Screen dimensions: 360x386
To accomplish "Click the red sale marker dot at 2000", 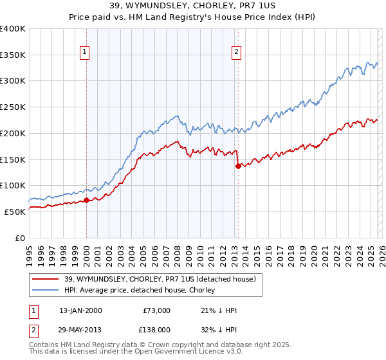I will tap(86, 200).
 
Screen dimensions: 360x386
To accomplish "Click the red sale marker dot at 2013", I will tap(238, 166).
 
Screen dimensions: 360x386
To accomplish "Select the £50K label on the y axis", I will tap(15, 211).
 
